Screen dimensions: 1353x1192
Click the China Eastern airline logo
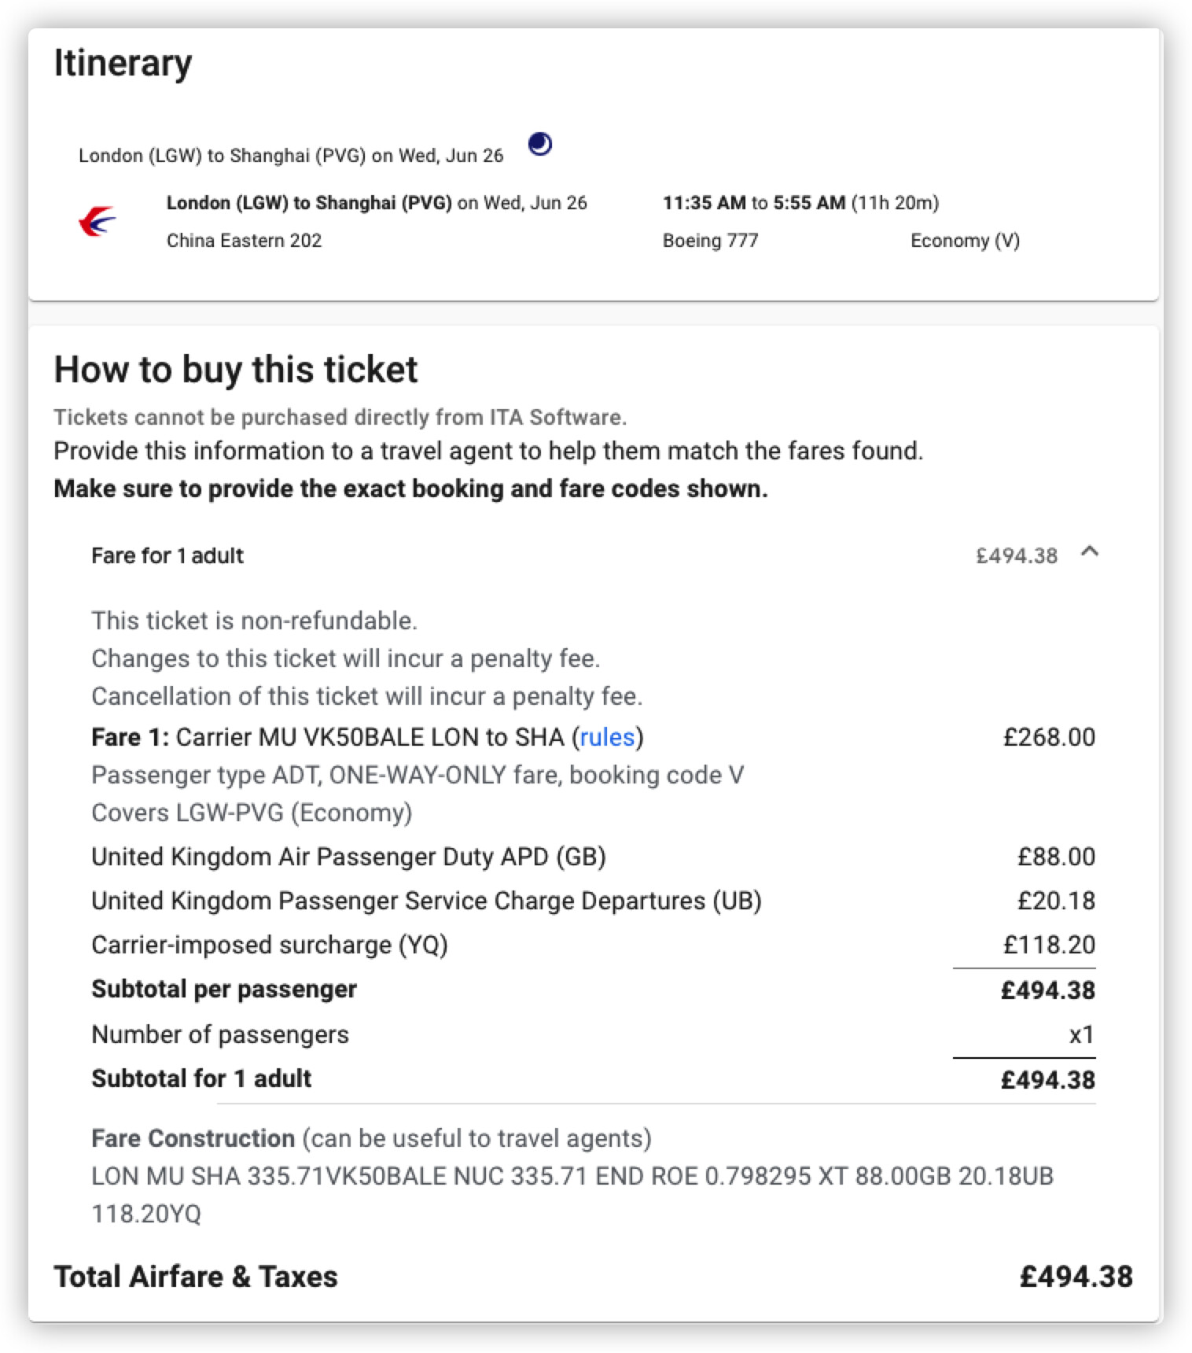[97, 221]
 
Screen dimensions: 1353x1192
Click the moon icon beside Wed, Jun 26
[539, 144]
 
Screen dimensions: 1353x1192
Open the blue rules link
[607, 737]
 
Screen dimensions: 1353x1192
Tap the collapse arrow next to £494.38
[1089, 552]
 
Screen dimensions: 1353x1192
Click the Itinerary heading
[123, 63]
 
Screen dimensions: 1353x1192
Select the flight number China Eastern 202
[244, 241]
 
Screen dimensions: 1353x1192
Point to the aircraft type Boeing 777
[710, 241]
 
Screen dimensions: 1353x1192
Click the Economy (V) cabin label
[965, 241]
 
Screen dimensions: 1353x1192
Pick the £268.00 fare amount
[1049, 737]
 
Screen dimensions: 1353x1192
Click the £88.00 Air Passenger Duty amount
[1056, 857]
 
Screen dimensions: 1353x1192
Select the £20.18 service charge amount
[1056, 901]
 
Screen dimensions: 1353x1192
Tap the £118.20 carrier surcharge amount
[1049, 945]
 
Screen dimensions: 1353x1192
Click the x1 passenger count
[1081, 1034]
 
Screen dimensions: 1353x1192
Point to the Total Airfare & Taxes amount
[1076, 1277]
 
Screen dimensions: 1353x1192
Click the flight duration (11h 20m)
[895, 203]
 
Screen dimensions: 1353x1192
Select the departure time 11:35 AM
[704, 203]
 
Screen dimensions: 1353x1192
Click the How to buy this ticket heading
[236, 370]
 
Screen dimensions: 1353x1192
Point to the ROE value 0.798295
[757, 1176]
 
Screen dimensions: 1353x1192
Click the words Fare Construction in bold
[193, 1138]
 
